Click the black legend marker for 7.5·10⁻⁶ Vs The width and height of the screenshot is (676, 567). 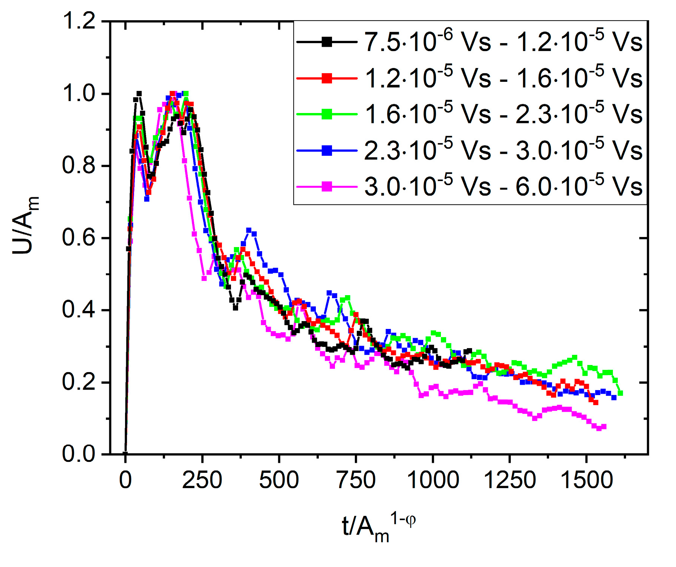(x=327, y=42)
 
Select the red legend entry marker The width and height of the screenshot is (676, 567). (x=327, y=78)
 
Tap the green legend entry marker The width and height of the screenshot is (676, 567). (x=327, y=114)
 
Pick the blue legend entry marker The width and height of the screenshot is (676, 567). (x=327, y=151)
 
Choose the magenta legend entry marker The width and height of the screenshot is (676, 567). (x=327, y=187)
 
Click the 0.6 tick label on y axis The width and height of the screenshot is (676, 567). (x=79, y=238)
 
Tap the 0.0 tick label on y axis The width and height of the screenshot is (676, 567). (x=79, y=454)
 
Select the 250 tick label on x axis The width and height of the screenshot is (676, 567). (x=202, y=480)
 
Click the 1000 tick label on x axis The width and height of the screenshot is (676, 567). (x=433, y=480)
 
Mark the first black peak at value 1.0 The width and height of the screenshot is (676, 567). (x=139, y=93)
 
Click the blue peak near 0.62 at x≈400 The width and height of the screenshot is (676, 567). (x=249, y=230)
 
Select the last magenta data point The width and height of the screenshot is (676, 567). (x=604, y=427)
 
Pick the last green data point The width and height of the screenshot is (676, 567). (x=620, y=393)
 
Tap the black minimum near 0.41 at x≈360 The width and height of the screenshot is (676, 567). (x=235, y=308)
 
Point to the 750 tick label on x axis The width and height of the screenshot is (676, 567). (x=356, y=480)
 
